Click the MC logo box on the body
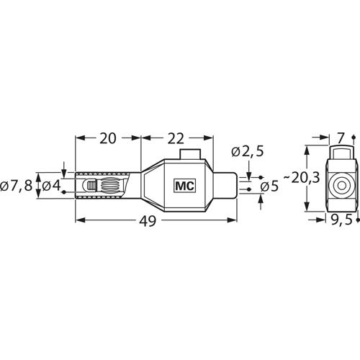(184, 186)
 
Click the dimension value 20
(108, 138)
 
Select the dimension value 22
(176, 138)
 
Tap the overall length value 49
(148, 220)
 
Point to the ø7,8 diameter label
(16, 186)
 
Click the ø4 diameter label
(51, 186)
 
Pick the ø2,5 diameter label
(248, 151)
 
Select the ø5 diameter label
(269, 186)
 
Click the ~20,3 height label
(302, 178)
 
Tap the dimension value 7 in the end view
(341, 138)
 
